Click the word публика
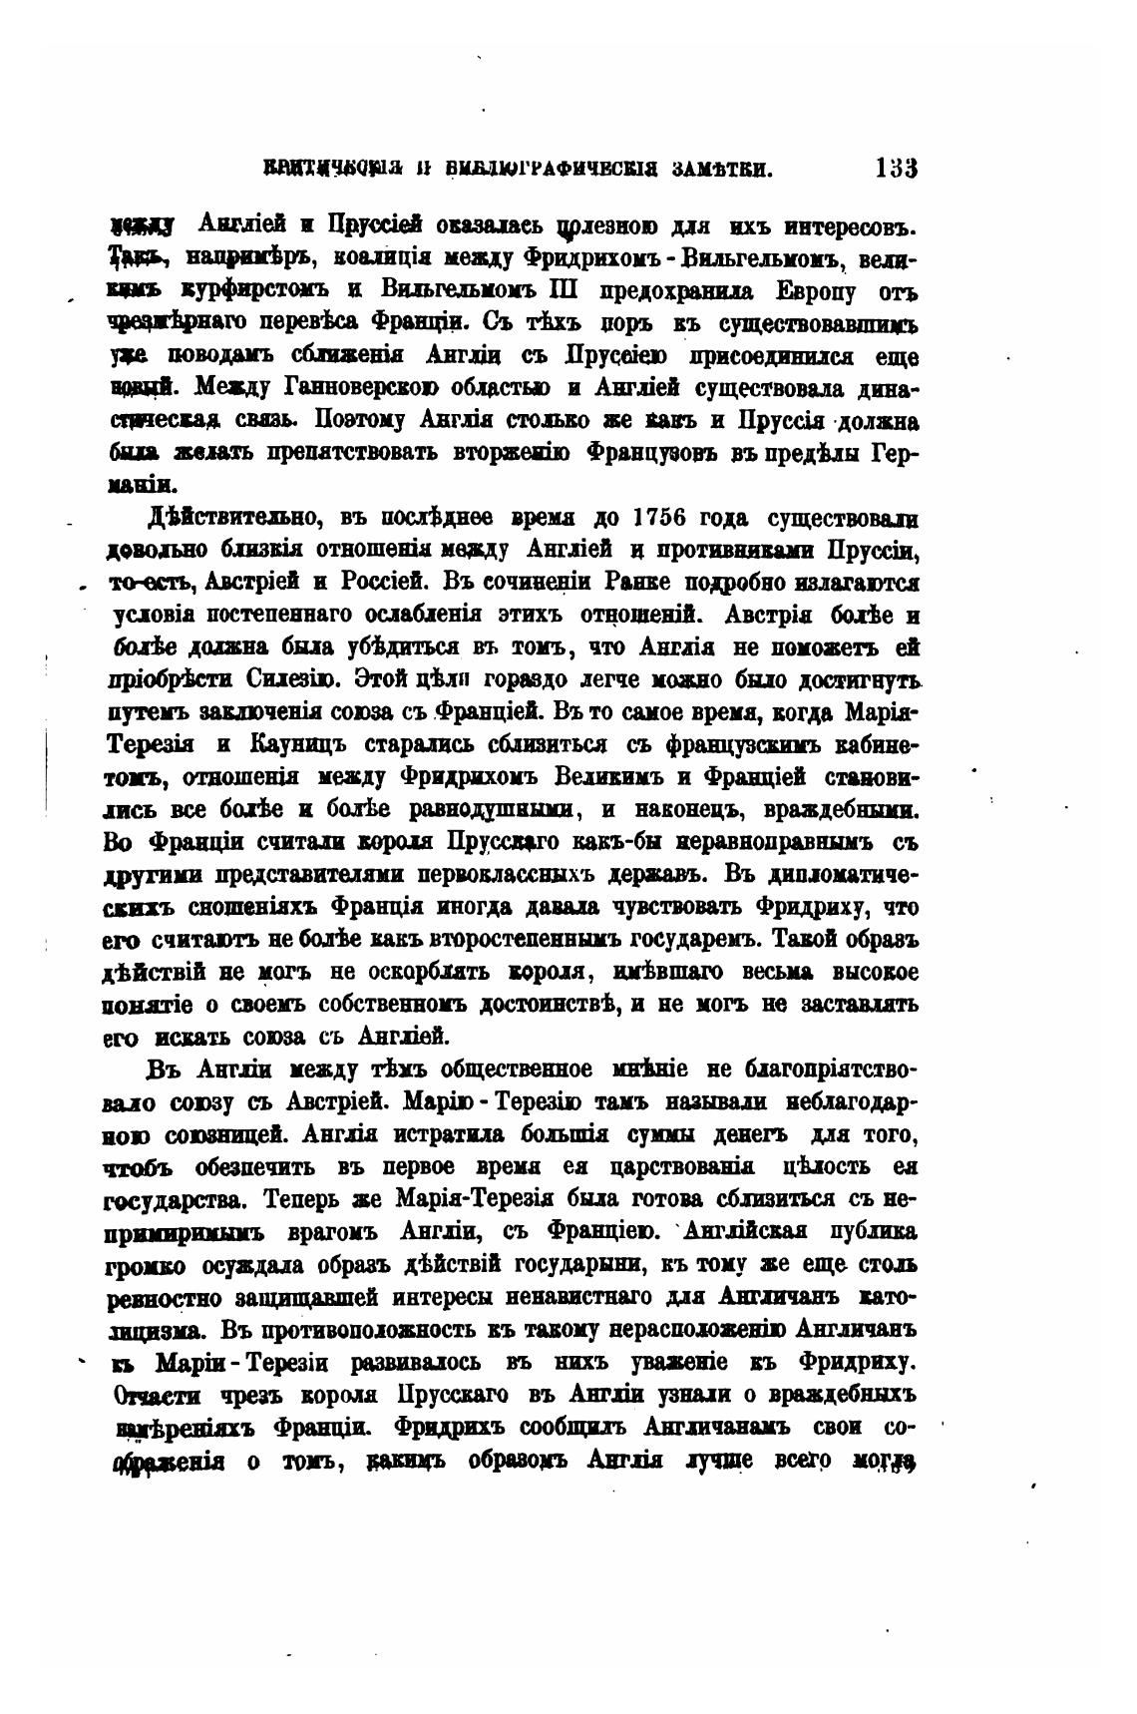pos(873,1229)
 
